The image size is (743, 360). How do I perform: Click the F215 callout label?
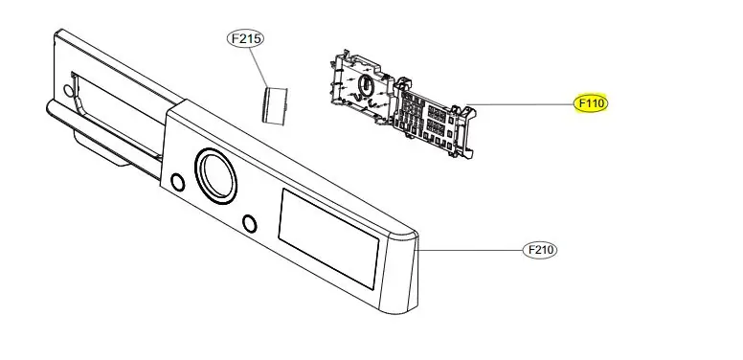pyautogui.click(x=244, y=39)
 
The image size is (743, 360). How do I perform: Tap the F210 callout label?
pyautogui.click(x=540, y=250)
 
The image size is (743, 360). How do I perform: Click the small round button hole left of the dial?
pyautogui.click(x=176, y=182)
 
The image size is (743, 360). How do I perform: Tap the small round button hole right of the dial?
pyautogui.click(x=250, y=224)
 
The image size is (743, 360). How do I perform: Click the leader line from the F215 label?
pyautogui.click(x=259, y=65)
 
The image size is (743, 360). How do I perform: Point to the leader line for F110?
pyautogui.click(x=522, y=103)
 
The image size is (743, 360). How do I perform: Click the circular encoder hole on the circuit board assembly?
pyautogui.click(x=365, y=86)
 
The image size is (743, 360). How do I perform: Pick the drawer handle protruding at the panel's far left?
pyautogui.click(x=91, y=144)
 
